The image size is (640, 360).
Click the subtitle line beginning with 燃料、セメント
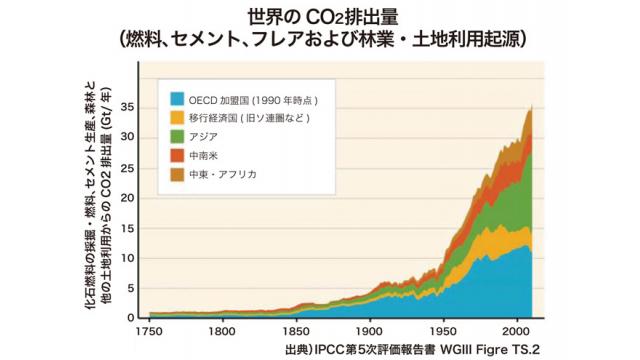pos(320,39)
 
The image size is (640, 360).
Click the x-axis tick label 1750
pos(149,331)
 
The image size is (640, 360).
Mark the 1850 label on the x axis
pos(296,331)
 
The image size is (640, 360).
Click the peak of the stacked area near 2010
pos(530,108)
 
